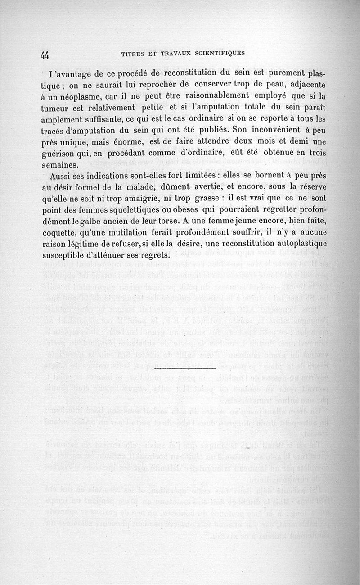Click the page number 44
coord(45,54)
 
